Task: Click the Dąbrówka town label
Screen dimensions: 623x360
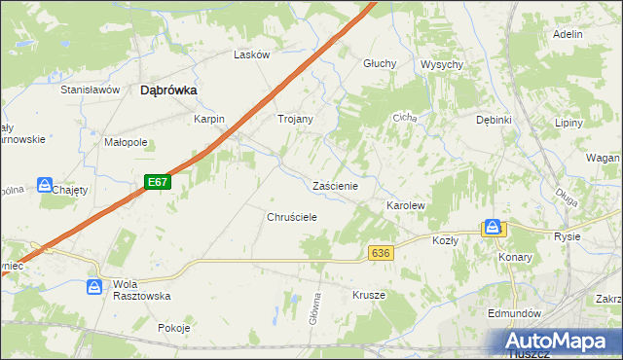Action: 169,90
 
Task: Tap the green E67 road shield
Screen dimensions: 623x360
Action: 158,182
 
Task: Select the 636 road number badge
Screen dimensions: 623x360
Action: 381,253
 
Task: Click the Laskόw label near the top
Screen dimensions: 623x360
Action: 251,55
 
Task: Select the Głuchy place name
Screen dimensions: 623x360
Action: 380,63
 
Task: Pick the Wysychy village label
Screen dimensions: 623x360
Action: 441,64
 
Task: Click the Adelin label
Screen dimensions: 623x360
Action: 567,34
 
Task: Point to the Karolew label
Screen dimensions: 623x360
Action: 406,206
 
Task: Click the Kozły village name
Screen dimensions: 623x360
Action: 445,240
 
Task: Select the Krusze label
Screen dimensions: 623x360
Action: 369,295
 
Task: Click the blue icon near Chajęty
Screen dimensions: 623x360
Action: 45,185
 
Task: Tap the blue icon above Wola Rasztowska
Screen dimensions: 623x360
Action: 94,287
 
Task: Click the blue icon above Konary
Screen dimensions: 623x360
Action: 494,228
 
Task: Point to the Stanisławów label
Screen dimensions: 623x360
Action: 90,90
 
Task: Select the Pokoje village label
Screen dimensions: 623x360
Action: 173,328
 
